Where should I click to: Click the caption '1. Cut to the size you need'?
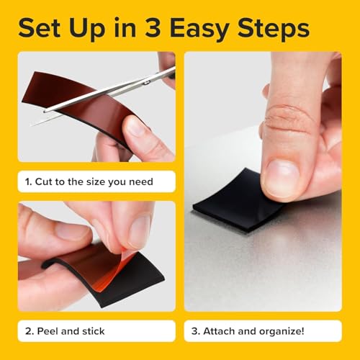[x=90, y=181]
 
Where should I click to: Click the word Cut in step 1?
[x=45, y=181]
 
